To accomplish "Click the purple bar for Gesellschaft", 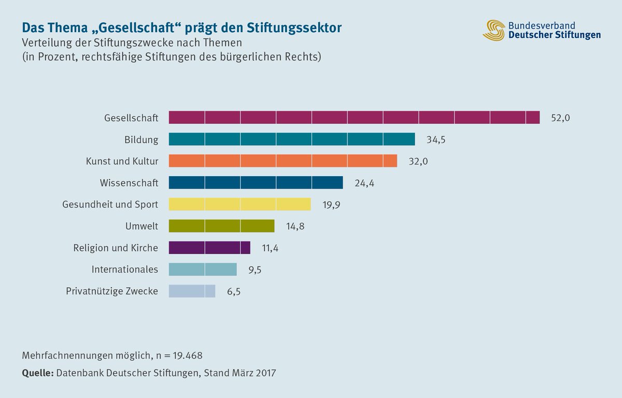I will [354, 118].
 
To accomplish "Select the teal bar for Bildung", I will [292, 139].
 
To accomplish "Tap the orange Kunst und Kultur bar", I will [283, 161].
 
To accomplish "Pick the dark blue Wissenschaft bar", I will [256, 182].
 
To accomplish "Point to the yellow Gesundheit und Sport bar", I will [239, 204].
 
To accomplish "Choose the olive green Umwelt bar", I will [221, 226].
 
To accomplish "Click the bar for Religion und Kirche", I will [209, 248].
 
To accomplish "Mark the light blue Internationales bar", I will [203, 269].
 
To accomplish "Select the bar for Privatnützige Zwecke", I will [192, 291].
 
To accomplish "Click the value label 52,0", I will [560, 118].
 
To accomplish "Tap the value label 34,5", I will [435, 140].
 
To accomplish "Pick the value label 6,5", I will [234, 292].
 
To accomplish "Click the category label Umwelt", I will [142, 226].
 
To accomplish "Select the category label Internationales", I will [124, 269].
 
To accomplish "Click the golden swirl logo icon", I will [494, 30].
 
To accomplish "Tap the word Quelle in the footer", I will [38, 373].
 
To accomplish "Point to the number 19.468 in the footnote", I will [183, 356].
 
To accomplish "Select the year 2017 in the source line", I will [265, 373].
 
